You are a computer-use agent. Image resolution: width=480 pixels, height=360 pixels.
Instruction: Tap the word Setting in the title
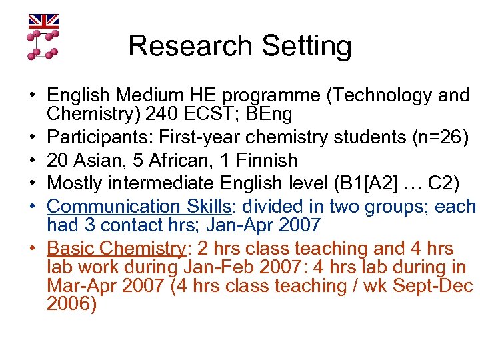click(x=307, y=46)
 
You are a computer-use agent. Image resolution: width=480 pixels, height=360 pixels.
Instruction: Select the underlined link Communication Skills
click(x=125, y=207)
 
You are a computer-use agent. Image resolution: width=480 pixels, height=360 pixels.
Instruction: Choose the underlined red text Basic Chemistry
click(x=115, y=249)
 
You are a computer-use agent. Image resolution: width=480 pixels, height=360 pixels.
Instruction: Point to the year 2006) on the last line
click(x=72, y=305)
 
